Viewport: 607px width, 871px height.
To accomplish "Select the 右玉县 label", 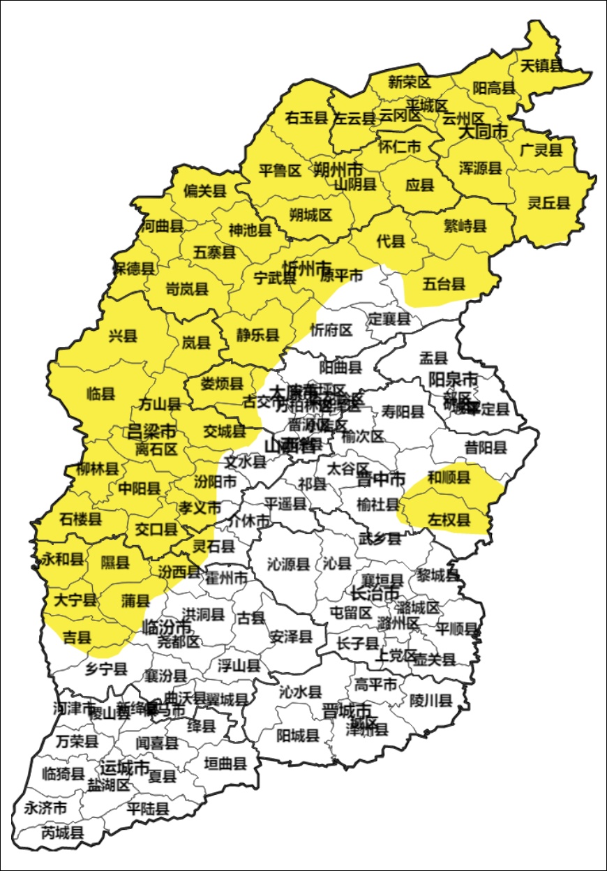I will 306,118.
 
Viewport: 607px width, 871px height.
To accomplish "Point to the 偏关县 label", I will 204,191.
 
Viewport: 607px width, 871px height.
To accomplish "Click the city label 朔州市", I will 338,169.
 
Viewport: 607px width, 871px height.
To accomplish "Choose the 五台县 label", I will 444,283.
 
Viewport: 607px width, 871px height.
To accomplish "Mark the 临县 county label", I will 100,394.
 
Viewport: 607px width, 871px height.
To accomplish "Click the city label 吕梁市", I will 151,431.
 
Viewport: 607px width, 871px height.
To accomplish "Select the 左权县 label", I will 449,520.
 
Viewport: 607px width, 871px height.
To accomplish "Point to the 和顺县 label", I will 449,477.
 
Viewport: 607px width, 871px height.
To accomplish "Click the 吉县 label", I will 77,636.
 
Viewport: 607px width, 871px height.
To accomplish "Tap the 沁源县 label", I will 288,564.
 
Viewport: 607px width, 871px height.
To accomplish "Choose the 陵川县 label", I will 430,700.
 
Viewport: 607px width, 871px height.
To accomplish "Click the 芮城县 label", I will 63,832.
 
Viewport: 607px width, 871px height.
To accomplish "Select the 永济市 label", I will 45,808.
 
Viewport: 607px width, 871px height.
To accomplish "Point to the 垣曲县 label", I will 225,764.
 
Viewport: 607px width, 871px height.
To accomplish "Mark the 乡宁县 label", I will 106,669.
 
